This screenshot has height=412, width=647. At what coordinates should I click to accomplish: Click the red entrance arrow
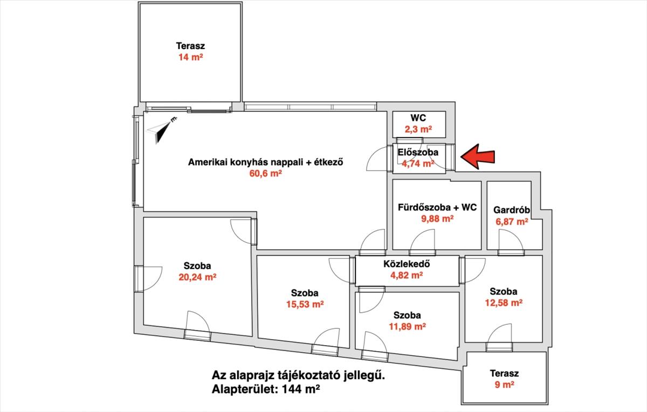click(478, 156)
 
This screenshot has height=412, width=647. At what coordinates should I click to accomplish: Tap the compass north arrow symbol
click(161, 131)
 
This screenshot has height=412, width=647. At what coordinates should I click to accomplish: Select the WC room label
click(418, 118)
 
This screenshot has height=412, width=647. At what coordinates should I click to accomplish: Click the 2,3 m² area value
click(418, 129)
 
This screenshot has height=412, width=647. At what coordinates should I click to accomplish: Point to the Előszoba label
click(418, 152)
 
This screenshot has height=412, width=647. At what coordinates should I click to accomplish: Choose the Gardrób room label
click(512, 210)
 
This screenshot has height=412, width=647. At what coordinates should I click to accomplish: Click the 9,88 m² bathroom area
click(437, 219)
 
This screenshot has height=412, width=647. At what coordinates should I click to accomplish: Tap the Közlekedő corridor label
click(407, 264)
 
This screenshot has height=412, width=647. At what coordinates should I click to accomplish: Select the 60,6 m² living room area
click(265, 173)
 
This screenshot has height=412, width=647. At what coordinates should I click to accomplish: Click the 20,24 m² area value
click(197, 277)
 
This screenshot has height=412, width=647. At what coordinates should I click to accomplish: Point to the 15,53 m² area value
click(305, 304)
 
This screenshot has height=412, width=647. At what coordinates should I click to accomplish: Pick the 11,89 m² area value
click(407, 326)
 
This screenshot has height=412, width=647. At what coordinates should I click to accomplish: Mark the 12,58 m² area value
click(504, 303)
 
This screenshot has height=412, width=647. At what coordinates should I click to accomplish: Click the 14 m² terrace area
click(191, 57)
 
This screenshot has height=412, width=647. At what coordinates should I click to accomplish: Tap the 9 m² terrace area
click(504, 385)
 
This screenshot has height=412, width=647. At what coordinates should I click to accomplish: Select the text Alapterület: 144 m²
click(266, 389)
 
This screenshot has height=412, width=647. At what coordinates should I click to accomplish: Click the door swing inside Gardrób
click(511, 239)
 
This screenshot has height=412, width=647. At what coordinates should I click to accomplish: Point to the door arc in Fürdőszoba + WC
click(422, 239)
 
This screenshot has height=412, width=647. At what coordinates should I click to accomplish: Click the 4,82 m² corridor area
click(407, 275)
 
